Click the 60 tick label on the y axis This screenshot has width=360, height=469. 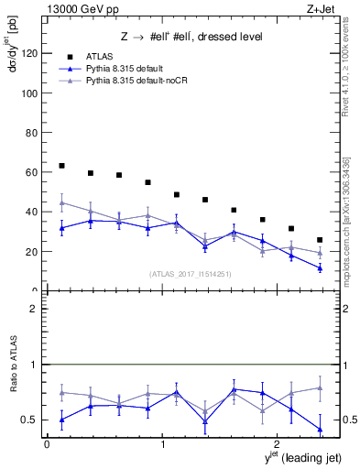(x=34, y=172)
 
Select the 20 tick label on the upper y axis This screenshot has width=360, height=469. (x=34, y=251)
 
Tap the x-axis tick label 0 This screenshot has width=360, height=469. (x=47, y=444)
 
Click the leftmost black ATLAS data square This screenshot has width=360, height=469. (x=61, y=166)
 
